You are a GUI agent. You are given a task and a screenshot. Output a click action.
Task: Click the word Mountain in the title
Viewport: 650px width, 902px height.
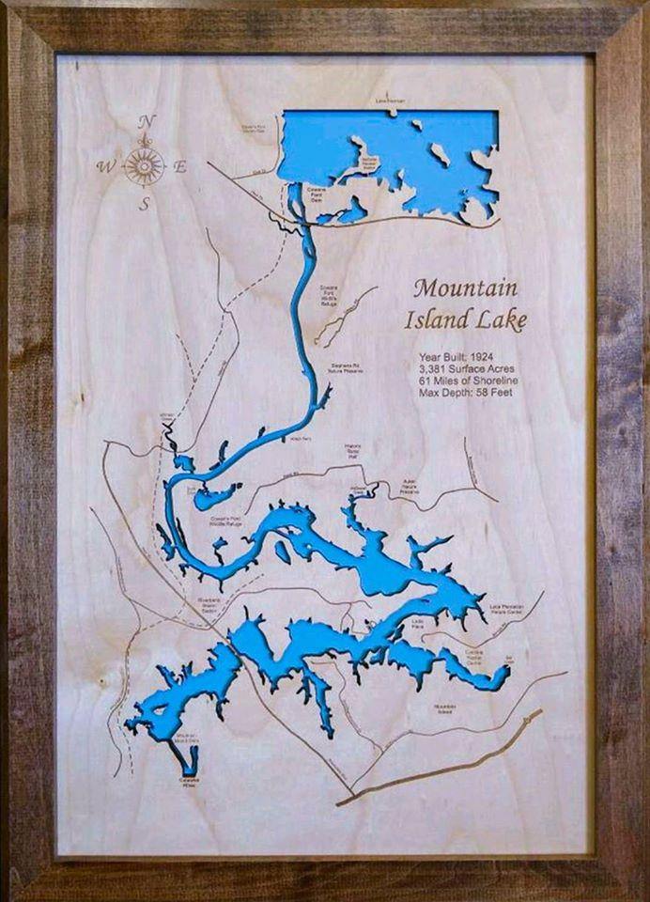coord(465,288)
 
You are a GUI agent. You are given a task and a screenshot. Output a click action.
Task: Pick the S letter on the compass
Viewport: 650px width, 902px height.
coord(145,203)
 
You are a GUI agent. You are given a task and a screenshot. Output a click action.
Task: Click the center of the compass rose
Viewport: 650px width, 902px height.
coord(145,165)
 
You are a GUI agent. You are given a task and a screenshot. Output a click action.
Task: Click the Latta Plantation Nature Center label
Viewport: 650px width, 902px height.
coord(507,609)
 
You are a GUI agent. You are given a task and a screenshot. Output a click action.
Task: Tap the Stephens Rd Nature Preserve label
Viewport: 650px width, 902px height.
coord(347,368)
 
